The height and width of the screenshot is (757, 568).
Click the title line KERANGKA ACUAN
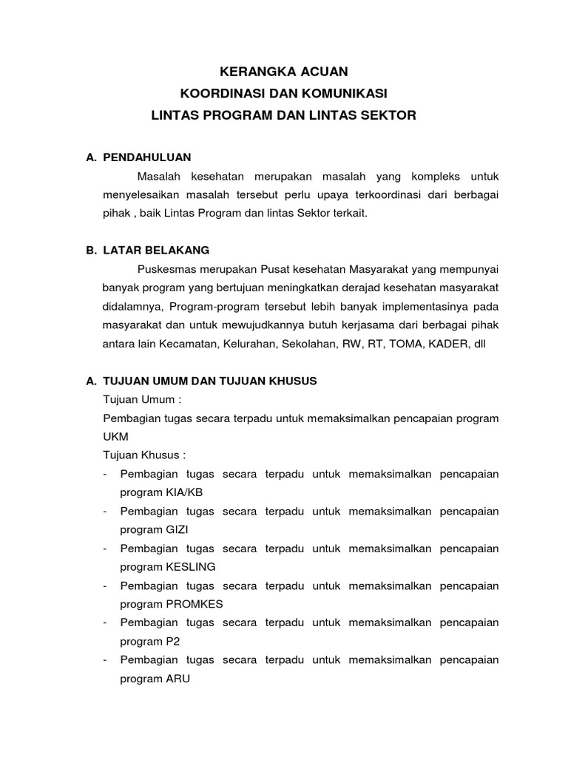coord(284,72)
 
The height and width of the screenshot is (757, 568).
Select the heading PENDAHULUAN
coord(147,157)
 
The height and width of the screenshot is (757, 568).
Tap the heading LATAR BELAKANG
coord(157,250)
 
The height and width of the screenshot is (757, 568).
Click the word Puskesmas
coord(162,269)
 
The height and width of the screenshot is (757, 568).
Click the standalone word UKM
coord(115,436)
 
